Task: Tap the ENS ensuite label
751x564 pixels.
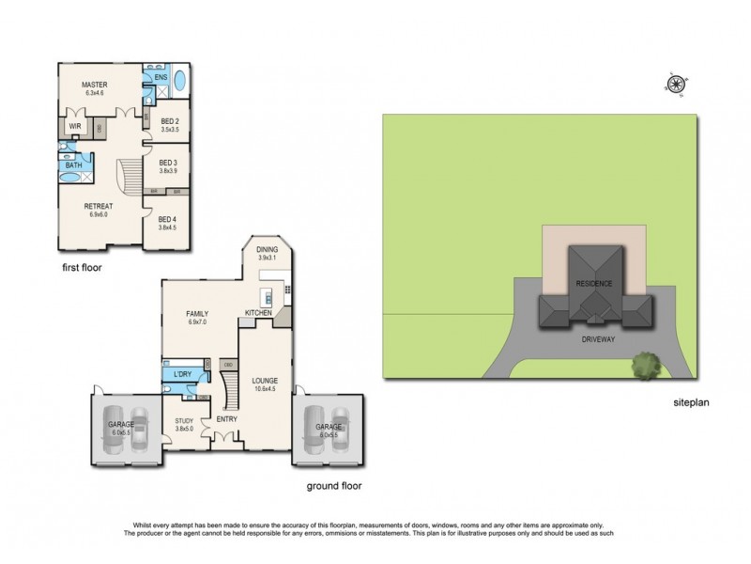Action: pyautogui.click(x=161, y=76)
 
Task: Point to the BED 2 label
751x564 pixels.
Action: pyautogui.click(x=169, y=121)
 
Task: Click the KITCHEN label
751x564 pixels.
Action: pyautogui.click(x=258, y=312)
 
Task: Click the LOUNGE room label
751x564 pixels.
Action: pyautogui.click(x=266, y=382)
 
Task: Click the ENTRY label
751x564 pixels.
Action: pyautogui.click(x=226, y=418)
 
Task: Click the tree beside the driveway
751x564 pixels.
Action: pyautogui.click(x=644, y=363)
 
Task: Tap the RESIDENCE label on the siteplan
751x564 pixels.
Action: pyautogui.click(x=593, y=284)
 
